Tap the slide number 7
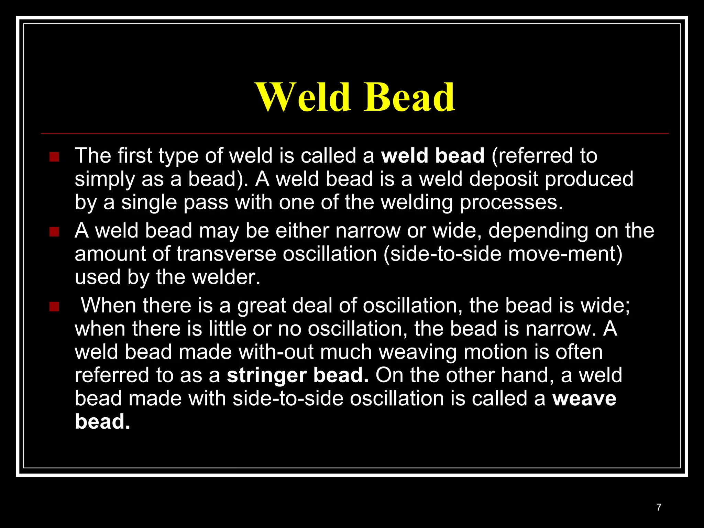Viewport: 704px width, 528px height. [x=659, y=507]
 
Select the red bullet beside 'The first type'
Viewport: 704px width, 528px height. [x=54, y=157]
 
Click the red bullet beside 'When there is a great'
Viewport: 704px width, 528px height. [x=54, y=307]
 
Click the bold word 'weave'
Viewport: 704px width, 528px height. [x=584, y=399]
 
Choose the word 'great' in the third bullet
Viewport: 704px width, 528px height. [x=262, y=306]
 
